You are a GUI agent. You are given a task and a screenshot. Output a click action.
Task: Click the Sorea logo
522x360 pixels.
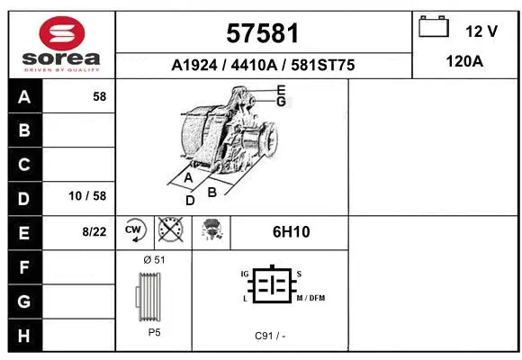tap(62, 43)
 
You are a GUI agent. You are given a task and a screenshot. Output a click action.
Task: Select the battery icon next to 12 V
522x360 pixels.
tap(434, 28)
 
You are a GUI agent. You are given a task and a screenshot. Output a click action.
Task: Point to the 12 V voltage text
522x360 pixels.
tap(481, 31)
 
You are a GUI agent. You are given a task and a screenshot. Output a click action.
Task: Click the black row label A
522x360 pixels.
tap(24, 96)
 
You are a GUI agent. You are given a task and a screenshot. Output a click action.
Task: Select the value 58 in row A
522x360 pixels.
tap(100, 96)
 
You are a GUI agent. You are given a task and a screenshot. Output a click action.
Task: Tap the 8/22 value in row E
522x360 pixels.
tap(94, 231)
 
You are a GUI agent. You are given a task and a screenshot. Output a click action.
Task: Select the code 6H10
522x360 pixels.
tap(291, 231)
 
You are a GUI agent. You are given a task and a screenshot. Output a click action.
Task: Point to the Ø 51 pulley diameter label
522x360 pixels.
tap(154, 259)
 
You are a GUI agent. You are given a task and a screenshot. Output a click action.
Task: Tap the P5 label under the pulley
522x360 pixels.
tap(155, 331)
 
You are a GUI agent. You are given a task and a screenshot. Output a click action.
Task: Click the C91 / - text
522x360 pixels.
tap(270, 335)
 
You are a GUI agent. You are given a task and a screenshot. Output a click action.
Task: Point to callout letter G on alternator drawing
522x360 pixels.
tap(282, 101)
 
